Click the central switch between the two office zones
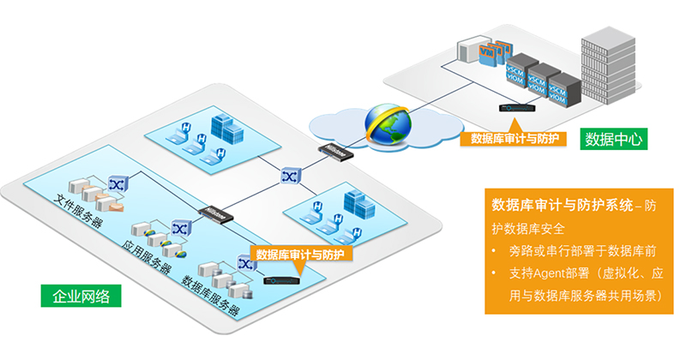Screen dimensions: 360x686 [x=287, y=175]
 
